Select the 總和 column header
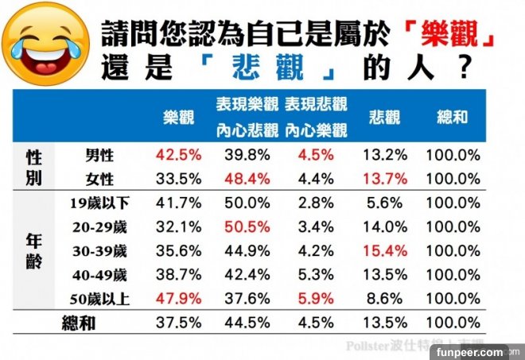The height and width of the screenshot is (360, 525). (453, 117)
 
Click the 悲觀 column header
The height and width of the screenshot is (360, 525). (384, 117)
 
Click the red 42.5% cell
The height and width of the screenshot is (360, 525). (180, 155)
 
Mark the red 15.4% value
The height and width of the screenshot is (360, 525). (384, 251)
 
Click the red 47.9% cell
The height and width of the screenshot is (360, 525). (180, 300)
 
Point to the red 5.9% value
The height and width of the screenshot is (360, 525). (316, 300)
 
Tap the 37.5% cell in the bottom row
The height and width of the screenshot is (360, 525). (180, 325)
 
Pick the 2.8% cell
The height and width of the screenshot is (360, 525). (316, 203)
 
